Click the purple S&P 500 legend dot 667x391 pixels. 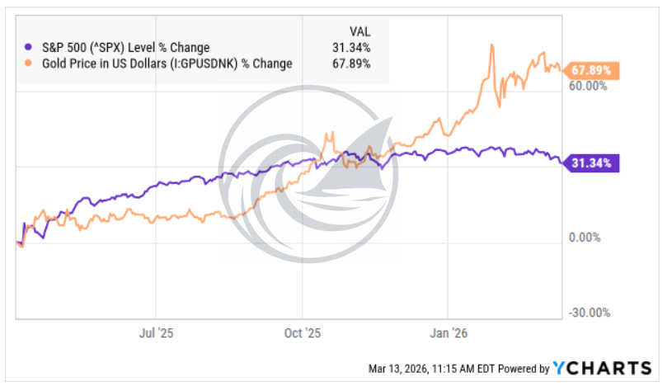30,47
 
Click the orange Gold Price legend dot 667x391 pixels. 30,62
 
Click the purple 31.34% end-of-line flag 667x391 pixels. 592,163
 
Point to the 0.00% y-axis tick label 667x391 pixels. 589,238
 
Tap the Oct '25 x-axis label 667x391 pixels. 302,333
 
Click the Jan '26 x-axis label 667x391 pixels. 449,333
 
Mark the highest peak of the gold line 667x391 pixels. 491,45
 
